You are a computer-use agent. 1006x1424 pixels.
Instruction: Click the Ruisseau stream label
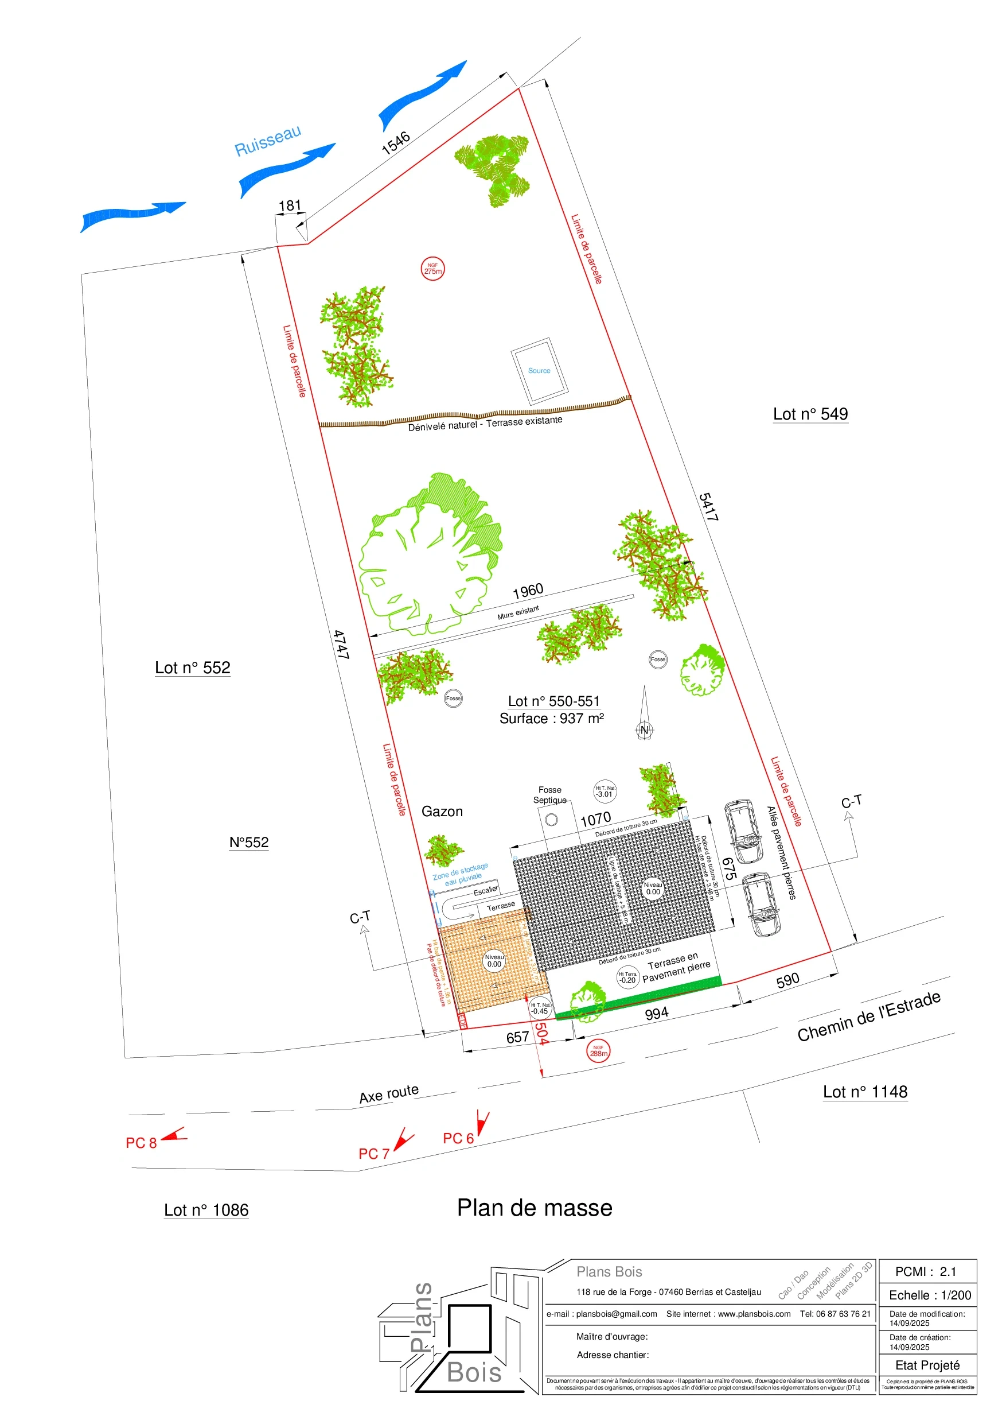(x=268, y=141)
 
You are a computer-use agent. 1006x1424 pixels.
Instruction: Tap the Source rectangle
(x=539, y=370)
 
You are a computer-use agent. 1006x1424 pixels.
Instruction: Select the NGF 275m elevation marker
(x=432, y=269)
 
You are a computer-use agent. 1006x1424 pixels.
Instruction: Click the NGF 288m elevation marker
(x=598, y=1050)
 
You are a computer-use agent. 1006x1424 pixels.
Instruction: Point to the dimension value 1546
(x=395, y=143)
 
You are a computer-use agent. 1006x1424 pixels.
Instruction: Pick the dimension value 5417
(x=708, y=507)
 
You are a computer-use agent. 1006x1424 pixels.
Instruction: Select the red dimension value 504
(x=542, y=1033)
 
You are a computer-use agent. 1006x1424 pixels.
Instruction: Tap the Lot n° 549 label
(x=810, y=414)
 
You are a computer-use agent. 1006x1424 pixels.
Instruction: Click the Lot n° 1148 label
(x=865, y=1092)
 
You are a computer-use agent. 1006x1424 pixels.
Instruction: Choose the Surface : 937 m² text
(x=552, y=718)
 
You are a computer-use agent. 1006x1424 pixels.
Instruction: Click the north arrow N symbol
(x=644, y=730)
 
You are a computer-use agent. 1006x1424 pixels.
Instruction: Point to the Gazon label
(x=442, y=811)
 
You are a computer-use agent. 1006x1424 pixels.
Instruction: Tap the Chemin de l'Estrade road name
(x=868, y=1016)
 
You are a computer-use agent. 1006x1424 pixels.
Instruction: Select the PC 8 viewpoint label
(x=141, y=1142)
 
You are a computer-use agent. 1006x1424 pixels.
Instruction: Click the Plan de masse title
(x=535, y=1208)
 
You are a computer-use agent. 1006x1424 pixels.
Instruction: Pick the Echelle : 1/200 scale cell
(x=930, y=1295)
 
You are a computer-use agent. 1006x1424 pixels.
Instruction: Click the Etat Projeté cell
(x=927, y=1365)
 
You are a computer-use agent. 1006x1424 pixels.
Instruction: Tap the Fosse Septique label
(x=550, y=794)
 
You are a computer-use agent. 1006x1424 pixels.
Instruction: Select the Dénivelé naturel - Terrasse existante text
(x=485, y=423)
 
